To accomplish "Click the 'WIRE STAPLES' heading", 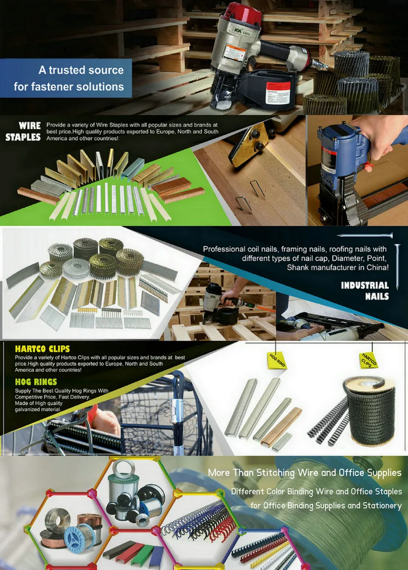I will (23, 132).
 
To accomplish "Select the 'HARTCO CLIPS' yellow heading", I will (42, 349).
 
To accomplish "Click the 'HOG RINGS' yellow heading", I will (36, 381).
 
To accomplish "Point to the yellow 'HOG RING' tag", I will (277, 360).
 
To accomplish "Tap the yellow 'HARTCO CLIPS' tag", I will (368, 360).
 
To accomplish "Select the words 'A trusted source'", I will (81, 70).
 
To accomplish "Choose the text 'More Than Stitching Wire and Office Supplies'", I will (304, 473).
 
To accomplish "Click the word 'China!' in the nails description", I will (375, 267).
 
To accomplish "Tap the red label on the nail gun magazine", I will (278, 92).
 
